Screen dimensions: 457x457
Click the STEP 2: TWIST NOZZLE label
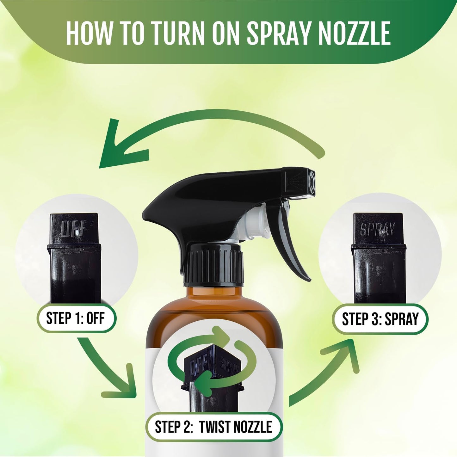(213, 427)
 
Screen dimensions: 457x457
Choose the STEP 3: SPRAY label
(380, 319)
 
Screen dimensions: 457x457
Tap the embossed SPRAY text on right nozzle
(378, 229)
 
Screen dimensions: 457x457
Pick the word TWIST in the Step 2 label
(214, 427)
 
